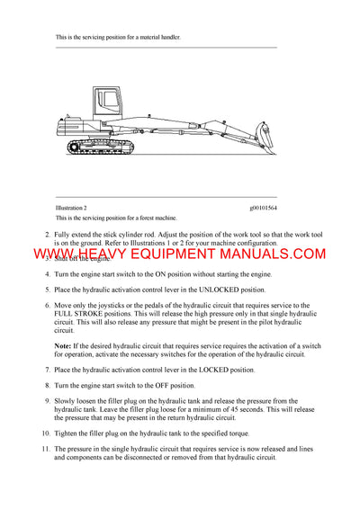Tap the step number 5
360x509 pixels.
(x=47, y=290)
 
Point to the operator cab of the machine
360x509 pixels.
(x=100, y=104)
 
